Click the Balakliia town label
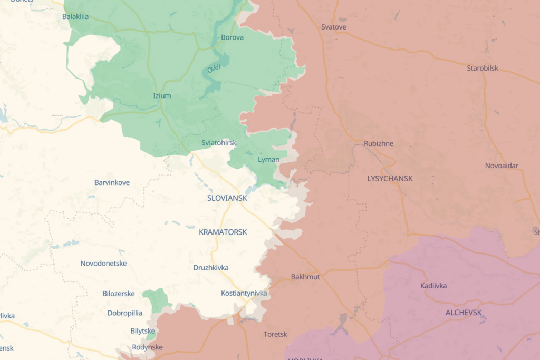[x=75, y=16]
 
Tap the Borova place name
[x=232, y=37]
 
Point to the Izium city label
[x=162, y=96]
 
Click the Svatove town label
[x=334, y=26]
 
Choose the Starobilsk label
[x=482, y=68]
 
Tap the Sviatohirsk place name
[x=219, y=143]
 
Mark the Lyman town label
[x=268, y=159]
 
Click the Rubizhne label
[x=379, y=143]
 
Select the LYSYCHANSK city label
[x=390, y=179]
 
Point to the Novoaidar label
[x=502, y=166]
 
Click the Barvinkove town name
[x=112, y=182]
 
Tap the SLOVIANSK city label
[x=227, y=198]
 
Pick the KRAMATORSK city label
[x=223, y=232]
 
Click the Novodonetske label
[x=103, y=263]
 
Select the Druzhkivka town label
[x=211, y=267]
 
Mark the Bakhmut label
[x=305, y=277]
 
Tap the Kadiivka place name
[x=433, y=286]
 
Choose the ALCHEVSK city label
[x=464, y=313]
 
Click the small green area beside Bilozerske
[x=157, y=299]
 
